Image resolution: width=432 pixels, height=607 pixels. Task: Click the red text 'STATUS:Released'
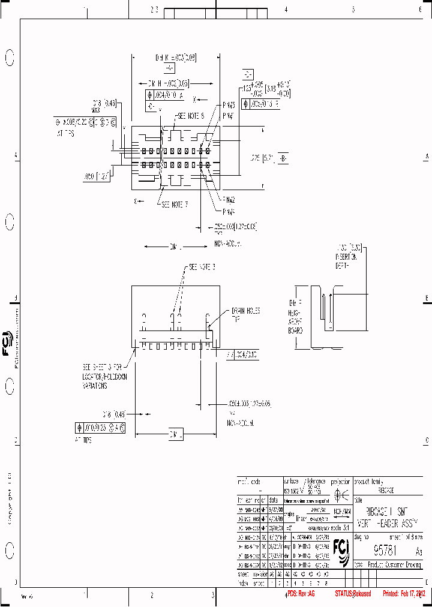tap(353, 594)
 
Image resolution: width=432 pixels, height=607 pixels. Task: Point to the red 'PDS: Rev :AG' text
tap(301, 594)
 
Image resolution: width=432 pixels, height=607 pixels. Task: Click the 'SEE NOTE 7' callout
tap(175, 205)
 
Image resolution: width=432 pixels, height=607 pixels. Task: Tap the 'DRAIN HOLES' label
tap(244, 314)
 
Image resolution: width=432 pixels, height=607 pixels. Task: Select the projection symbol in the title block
tap(341, 495)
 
